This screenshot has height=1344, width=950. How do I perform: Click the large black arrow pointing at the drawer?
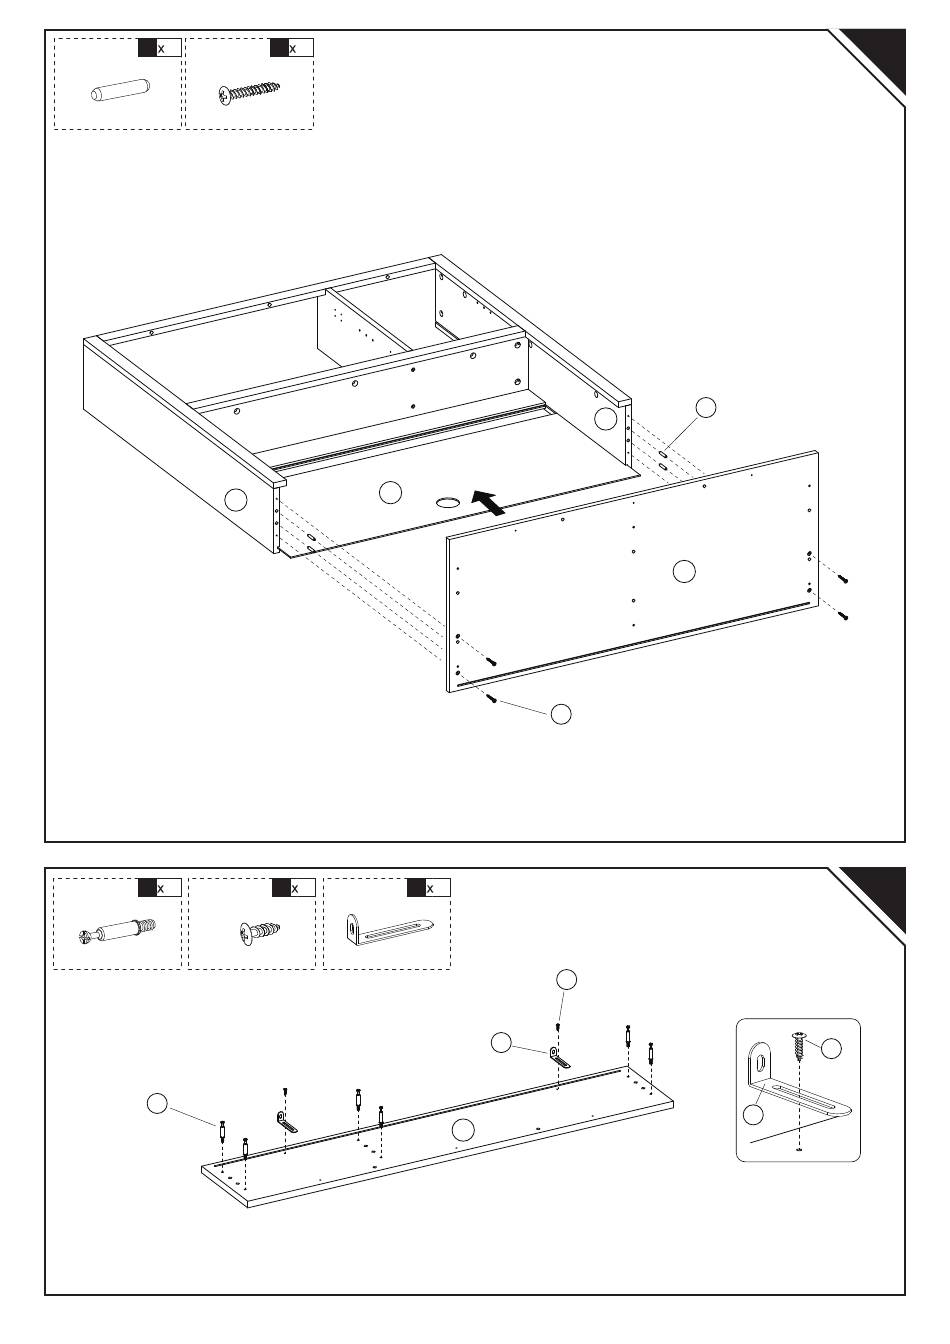coord(487,502)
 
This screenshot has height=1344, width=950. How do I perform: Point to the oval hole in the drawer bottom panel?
coord(446,501)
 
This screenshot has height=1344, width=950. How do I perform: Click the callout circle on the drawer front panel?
coord(684,571)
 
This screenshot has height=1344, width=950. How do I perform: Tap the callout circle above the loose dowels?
coord(706,406)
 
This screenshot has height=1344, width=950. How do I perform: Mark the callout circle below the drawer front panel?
coord(562,713)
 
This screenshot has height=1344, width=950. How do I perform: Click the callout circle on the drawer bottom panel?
coord(391,491)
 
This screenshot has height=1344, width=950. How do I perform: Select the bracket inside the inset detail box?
coord(790,1090)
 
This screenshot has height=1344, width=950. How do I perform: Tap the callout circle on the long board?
coord(462,1130)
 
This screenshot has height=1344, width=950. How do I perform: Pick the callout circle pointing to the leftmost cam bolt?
coord(157,1103)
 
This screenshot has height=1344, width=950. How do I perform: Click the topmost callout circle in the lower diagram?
coord(567,979)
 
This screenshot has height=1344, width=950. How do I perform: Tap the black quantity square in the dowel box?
coord(147,47)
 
